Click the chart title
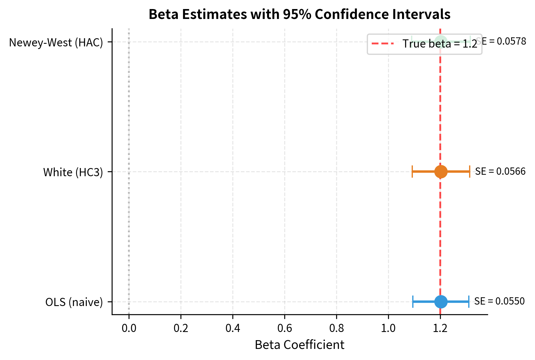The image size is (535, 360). (299, 14)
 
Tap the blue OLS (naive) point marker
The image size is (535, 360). (441, 302)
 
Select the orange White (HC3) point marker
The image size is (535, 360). (441, 172)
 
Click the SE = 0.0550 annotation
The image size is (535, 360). (499, 301)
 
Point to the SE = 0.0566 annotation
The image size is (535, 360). (500, 171)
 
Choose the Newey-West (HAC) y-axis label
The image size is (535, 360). (56, 43)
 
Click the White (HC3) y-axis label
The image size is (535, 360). (73, 172)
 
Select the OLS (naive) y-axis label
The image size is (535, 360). (74, 302)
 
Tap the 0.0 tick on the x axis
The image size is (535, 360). (129, 328)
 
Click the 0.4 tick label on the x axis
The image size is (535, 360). (233, 328)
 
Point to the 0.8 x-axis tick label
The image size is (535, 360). (336, 328)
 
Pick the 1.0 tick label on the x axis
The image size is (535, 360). (388, 328)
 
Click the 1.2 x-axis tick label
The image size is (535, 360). (440, 328)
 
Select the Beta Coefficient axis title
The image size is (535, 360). (299, 345)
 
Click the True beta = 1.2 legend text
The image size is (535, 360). (440, 44)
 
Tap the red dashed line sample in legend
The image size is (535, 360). (383, 44)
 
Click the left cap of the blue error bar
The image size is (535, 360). (413, 302)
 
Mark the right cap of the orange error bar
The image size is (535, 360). (469, 172)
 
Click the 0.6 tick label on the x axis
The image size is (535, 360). (285, 328)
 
